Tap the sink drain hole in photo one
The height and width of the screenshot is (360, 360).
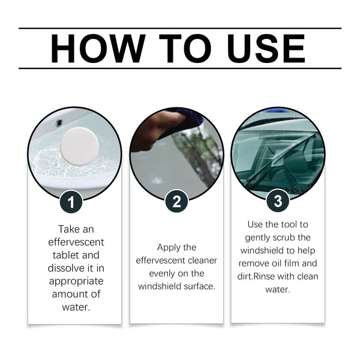(x=59, y=123)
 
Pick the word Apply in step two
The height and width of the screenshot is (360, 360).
(x=169, y=247)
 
